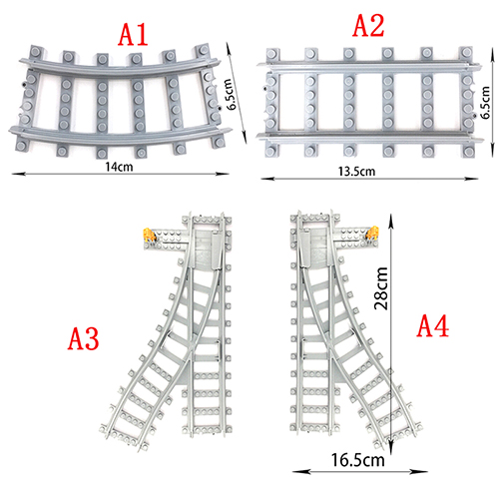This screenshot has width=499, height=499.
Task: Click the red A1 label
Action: click(x=133, y=35)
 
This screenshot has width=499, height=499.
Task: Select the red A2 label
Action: click(x=368, y=26)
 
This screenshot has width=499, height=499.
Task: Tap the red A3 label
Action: click(x=83, y=338)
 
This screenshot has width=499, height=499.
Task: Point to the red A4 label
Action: click(x=433, y=326)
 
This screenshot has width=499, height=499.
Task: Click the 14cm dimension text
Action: click(x=119, y=167)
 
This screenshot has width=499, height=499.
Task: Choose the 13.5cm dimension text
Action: click(x=356, y=172)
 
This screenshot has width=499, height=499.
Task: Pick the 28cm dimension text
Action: click(x=381, y=288)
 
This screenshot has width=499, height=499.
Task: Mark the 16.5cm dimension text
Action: click(x=357, y=460)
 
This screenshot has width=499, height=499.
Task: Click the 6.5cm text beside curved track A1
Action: click(x=231, y=94)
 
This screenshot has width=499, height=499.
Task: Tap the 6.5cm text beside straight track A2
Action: click(x=485, y=102)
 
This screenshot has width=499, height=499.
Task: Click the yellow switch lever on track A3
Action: click(x=149, y=235)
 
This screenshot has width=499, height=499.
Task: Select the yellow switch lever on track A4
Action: click(x=373, y=233)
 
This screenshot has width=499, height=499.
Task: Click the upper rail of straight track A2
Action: click(x=369, y=67)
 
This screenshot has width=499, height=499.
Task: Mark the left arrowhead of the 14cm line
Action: click(x=18, y=174)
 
